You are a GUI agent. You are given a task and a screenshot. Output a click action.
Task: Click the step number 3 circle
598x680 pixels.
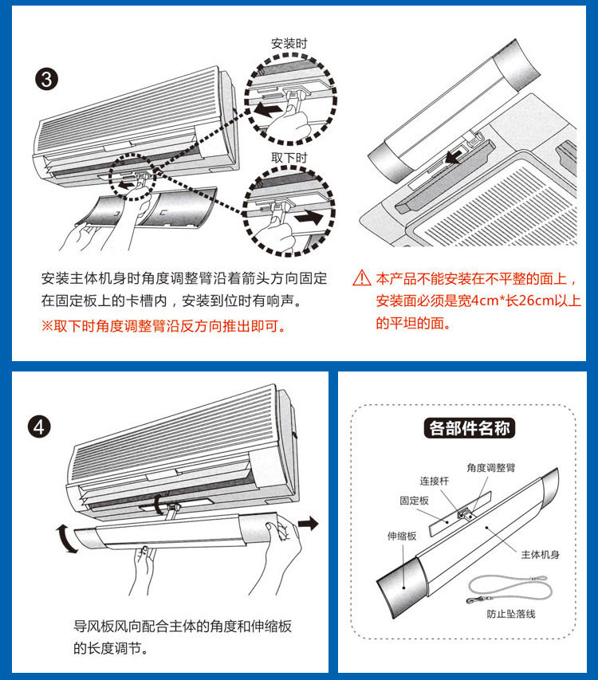pyautogui.click(x=47, y=79)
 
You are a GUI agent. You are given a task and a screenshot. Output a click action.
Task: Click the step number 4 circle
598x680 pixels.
pyautogui.click(x=40, y=428)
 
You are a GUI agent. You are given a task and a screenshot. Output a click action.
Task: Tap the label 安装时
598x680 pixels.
pyautogui.click(x=289, y=44)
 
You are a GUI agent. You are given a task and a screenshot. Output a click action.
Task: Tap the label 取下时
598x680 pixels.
pyautogui.click(x=289, y=158)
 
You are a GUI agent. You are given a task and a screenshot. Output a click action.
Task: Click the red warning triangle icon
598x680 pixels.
pyautogui.click(x=363, y=278)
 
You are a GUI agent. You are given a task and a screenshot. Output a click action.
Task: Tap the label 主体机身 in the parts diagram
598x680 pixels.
pyautogui.click(x=541, y=554)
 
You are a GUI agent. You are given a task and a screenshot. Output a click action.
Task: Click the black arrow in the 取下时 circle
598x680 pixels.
pyautogui.click(x=307, y=217)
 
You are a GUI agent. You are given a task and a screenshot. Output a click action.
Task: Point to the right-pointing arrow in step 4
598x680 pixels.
pyautogui.click(x=309, y=523)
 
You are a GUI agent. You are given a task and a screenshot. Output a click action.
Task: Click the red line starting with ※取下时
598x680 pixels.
pyautogui.click(x=164, y=326)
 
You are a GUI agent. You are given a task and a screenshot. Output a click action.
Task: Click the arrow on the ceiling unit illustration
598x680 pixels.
pyautogui.click(x=455, y=158)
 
